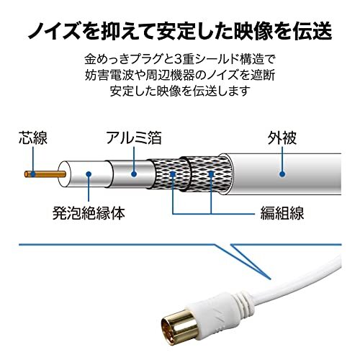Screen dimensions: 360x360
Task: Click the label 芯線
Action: click(33, 138)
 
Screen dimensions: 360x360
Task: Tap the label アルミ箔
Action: click(134, 138)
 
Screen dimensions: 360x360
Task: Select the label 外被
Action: click(282, 138)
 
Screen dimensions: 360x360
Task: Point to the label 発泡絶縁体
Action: click(89, 213)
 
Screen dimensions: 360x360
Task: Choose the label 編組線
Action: click(282, 213)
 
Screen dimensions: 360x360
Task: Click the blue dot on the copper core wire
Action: click(33, 174)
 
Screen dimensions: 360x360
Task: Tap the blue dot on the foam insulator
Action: click(89, 174)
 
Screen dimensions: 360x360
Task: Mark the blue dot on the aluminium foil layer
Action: click(134, 174)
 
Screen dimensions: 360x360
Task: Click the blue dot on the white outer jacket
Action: click(282, 174)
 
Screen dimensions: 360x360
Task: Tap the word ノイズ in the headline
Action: click(55, 31)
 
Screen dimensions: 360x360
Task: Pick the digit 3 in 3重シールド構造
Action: click(179, 60)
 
